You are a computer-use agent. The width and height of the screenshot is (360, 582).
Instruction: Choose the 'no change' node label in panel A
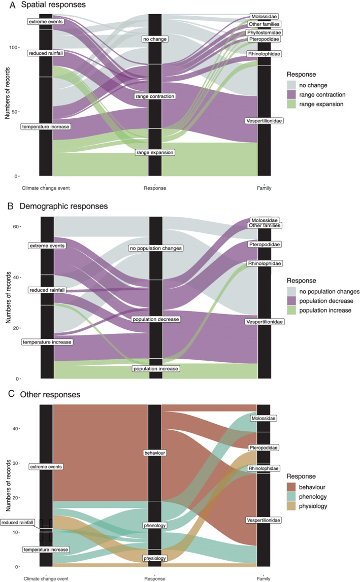tap(155, 39)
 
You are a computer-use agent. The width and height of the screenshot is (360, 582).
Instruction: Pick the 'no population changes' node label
tap(155, 248)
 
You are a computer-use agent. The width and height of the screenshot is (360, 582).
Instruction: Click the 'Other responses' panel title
tap(54, 394)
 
